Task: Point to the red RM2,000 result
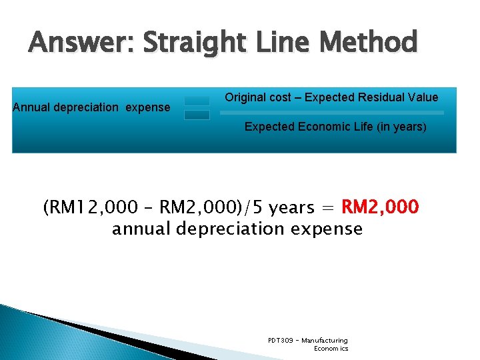click(x=380, y=207)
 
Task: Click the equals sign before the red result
click(x=329, y=208)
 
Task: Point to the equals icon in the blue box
click(x=197, y=108)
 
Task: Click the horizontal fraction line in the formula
click(x=331, y=113)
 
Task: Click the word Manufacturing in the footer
click(x=325, y=341)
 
